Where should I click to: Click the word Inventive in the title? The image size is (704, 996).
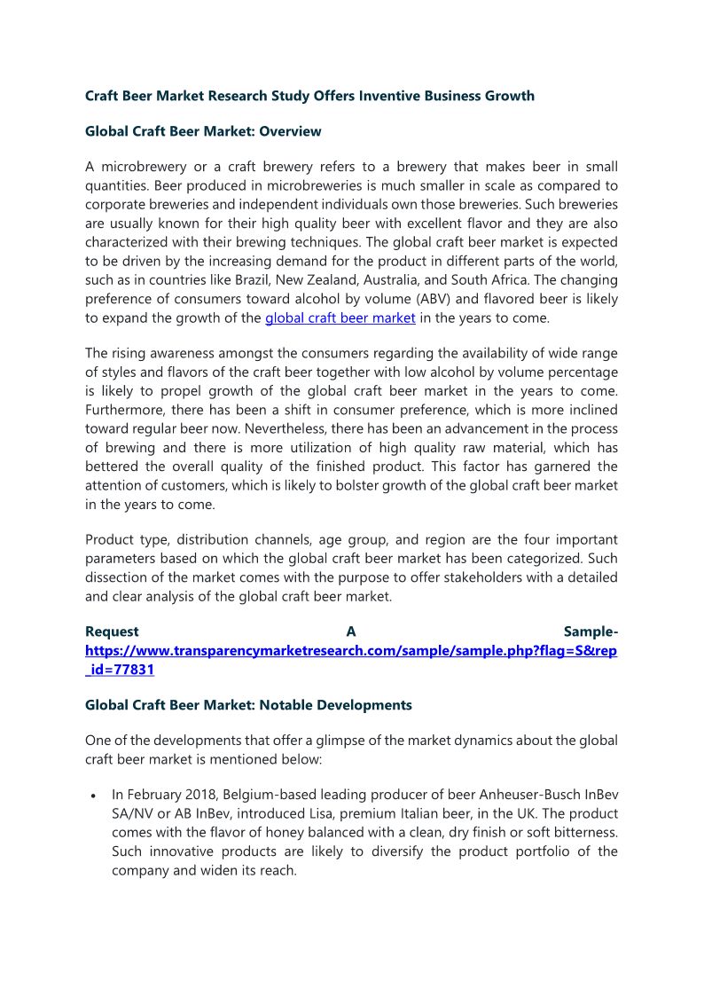pyautogui.click(x=391, y=96)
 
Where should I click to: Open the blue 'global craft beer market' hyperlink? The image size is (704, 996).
pyautogui.click(x=340, y=318)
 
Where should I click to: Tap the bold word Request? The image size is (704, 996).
pyautogui.click(x=112, y=631)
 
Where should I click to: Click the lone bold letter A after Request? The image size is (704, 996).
pyautogui.click(x=351, y=631)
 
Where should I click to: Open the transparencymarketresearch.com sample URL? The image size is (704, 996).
pyautogui.click(x=351, y=651)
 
